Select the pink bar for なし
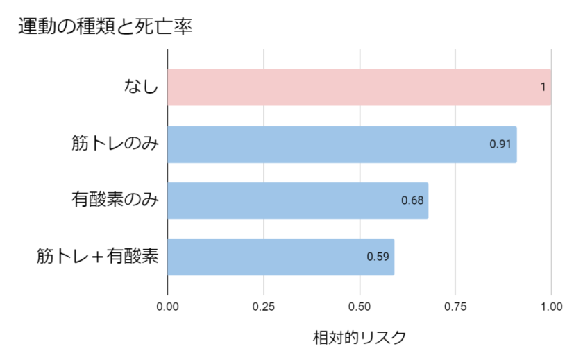point(359,87)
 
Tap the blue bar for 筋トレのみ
point(341,144)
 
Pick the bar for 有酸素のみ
point(297,200)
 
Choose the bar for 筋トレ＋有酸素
point(280,257)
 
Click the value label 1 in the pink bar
point(543,87)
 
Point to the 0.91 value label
point(500,144)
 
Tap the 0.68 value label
point(412,200)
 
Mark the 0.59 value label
point(378,257)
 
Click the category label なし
point(142,87)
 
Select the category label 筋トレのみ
point(115,144)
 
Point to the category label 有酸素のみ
point(115,200)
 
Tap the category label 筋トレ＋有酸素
point(98,257)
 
